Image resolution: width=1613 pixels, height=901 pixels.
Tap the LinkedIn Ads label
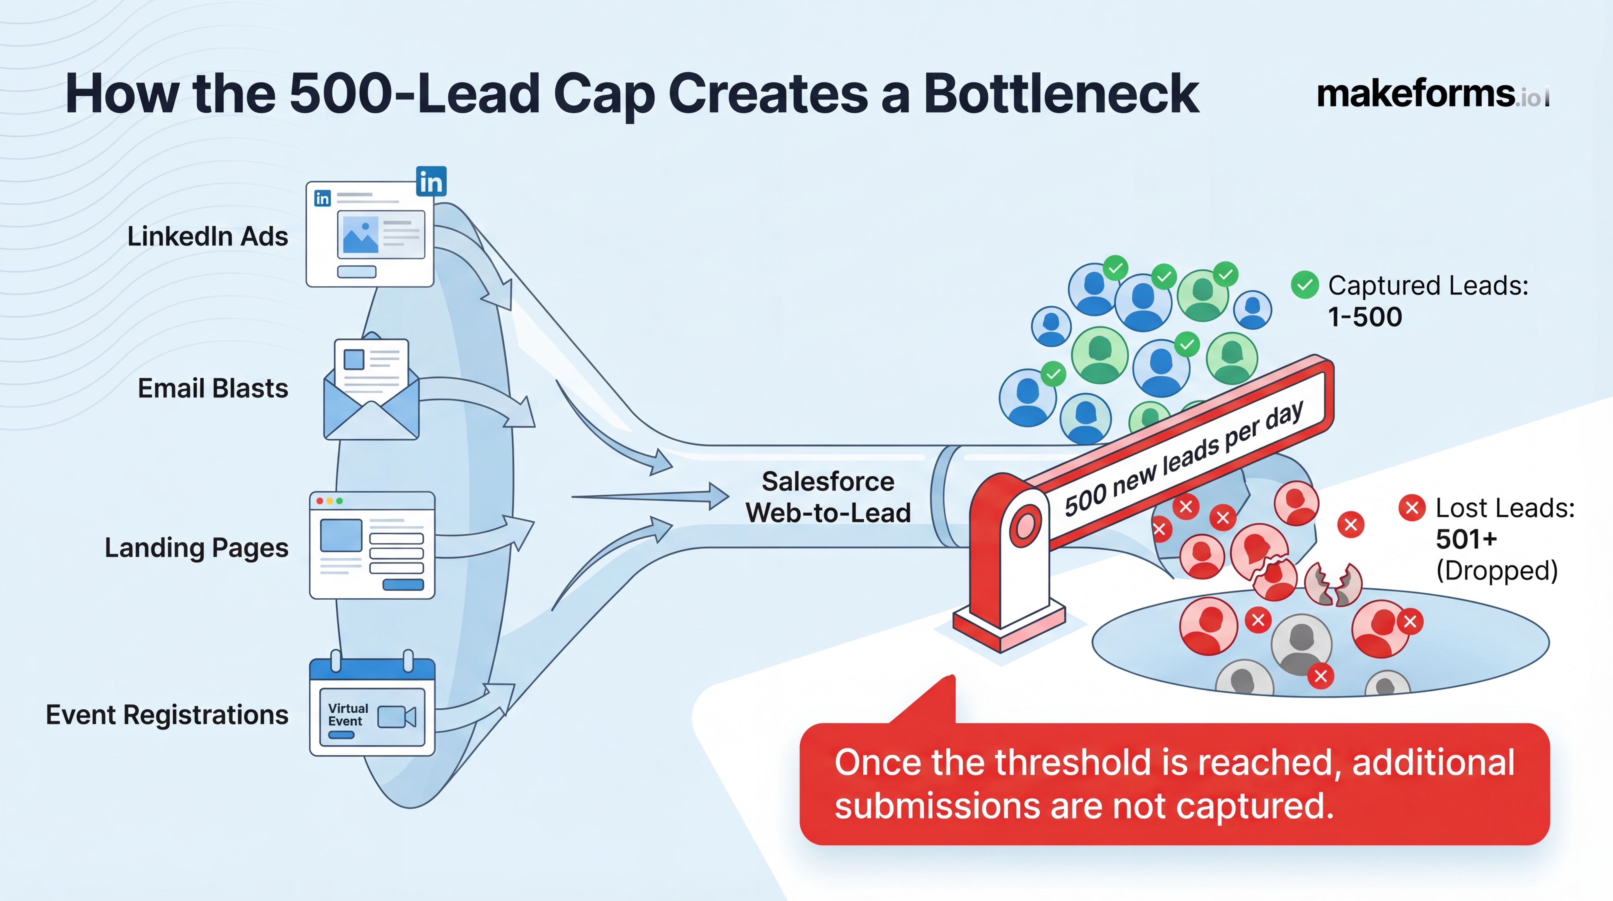tap(207, 237)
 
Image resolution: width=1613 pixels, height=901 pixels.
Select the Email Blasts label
tap(213, 389)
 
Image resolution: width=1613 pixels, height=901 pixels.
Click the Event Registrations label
tap(167, 715)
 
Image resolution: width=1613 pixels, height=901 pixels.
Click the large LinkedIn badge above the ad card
tap(431, 182)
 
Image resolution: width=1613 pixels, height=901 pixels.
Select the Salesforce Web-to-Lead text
tap(828, 497)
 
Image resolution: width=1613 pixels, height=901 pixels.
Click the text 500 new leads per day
tap(1183, 460)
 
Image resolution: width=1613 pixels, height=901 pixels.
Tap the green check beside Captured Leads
tap(1305, 285)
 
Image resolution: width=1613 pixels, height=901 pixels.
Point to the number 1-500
tap(1365, 317)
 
